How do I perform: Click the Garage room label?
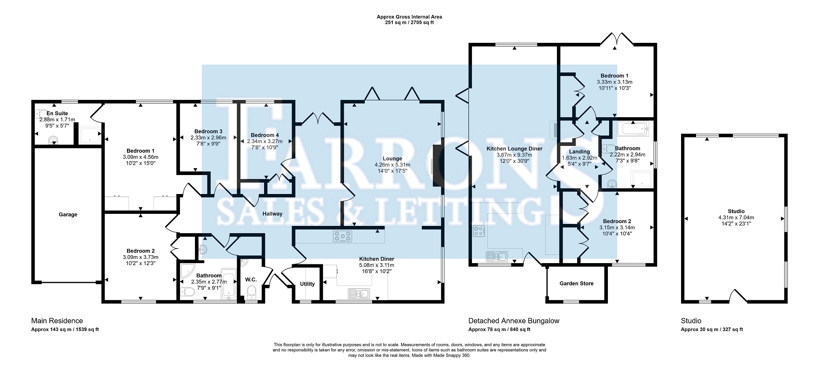pyautogui.click(x=68, y=215)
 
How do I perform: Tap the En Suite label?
pyautogui.click(x=57, y=114)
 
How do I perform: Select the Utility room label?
pyautogui.click(x=307, y=284)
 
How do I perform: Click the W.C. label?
pyautogui.click(x=251, y=280)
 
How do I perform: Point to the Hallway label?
pyautogui.click(x=272, y=213)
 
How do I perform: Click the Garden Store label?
pyautogui.click(x=576, y=283)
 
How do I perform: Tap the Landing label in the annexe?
pyautogui.click(x=579, y=152)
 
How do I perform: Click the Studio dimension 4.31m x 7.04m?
pyautogui.click(x=736, y=217)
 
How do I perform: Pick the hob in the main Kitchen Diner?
pyautogui.click(x=343, y=236)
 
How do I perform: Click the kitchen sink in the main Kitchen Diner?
pyautogui.click(x=358, y=293)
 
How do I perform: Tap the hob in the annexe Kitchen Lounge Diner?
pyautogui.click(x=480, y=231)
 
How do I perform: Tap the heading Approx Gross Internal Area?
pyautogui.click(x=409, y=17)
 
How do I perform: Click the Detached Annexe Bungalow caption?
pyautogui.click(x=514, y=321)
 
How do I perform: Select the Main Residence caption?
pyautogui.click(x=57, y=321)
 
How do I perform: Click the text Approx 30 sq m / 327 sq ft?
pyautogui.click(x=712, y=329)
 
